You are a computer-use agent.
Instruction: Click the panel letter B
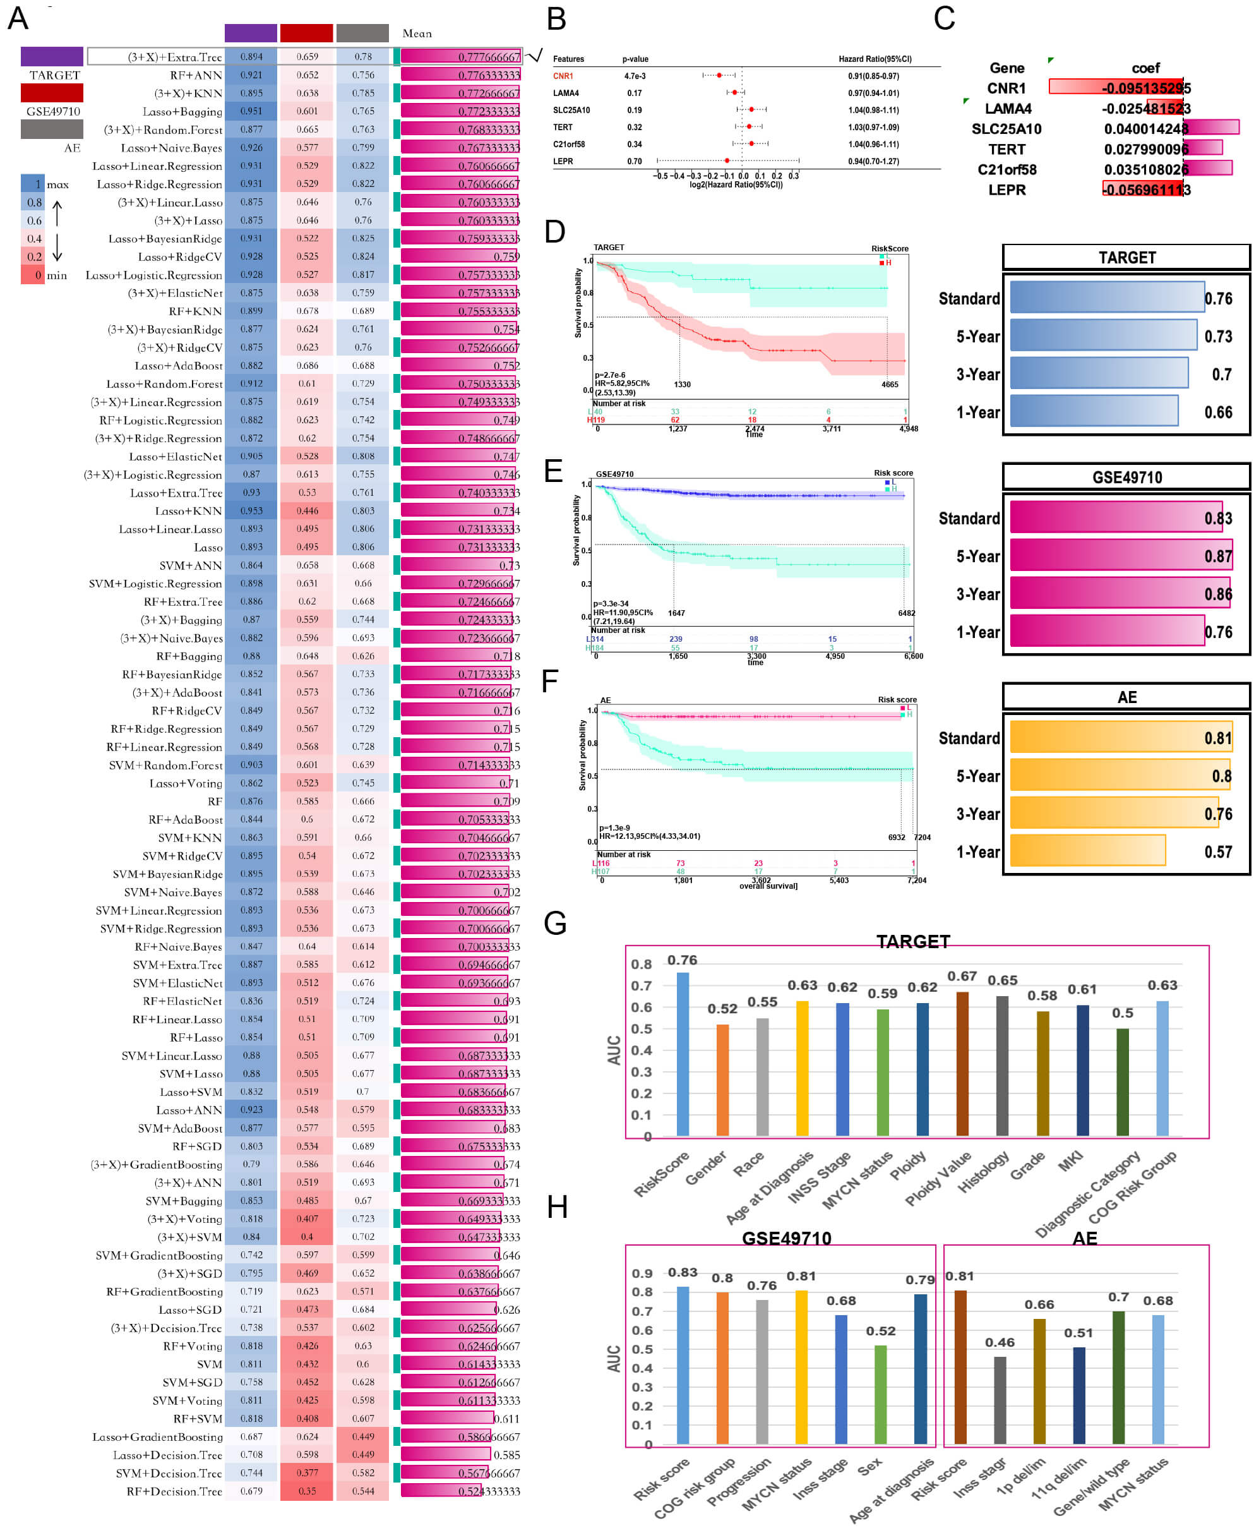(556, 20)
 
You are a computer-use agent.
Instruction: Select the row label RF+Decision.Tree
(174, 1491)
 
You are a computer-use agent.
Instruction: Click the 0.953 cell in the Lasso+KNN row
(251, 511)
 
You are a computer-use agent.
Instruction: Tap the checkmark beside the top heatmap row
(535, 56)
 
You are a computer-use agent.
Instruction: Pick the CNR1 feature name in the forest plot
(563, 76)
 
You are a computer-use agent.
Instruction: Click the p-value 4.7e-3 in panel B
(635, 76)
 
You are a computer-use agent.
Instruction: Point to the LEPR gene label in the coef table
(1006, 190)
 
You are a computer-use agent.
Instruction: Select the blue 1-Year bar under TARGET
(1094, 411)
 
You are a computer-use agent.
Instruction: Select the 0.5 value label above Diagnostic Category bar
(1122, 1013)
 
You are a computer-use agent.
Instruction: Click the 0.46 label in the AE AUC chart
(999, 1342)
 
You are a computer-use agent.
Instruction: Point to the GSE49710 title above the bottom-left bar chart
(786, 1238)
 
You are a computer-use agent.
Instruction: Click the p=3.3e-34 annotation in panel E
(611, 603)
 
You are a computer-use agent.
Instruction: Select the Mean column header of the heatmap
(417, 33)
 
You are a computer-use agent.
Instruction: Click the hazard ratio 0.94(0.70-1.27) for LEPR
(873, 161)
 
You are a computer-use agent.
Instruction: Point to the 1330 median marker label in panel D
(682, 384)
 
